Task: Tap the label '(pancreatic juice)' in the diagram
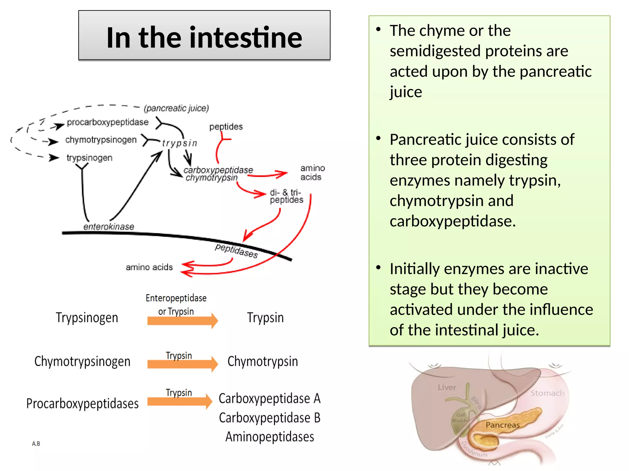[176, 108]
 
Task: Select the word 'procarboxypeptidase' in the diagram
[107, 122]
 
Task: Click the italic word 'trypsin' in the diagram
[180, 143]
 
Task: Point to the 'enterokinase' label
[109, 227]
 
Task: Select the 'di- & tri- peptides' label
[286, 196]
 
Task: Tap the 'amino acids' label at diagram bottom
[149, 267]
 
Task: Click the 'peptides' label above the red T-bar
[226, 127]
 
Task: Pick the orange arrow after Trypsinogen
[182, 321]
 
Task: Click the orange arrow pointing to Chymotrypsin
[182, 364]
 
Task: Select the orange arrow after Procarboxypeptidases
[180, 401]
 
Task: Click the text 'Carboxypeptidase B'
[269, 418]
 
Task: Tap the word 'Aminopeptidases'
[270, 437]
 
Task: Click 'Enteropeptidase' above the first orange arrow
[176, 298]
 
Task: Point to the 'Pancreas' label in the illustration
[502, 425]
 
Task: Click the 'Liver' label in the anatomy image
[447, 387]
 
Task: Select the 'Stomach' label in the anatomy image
[547, 393]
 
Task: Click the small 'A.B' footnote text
[36, 444]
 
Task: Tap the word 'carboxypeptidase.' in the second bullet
[453, 221]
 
